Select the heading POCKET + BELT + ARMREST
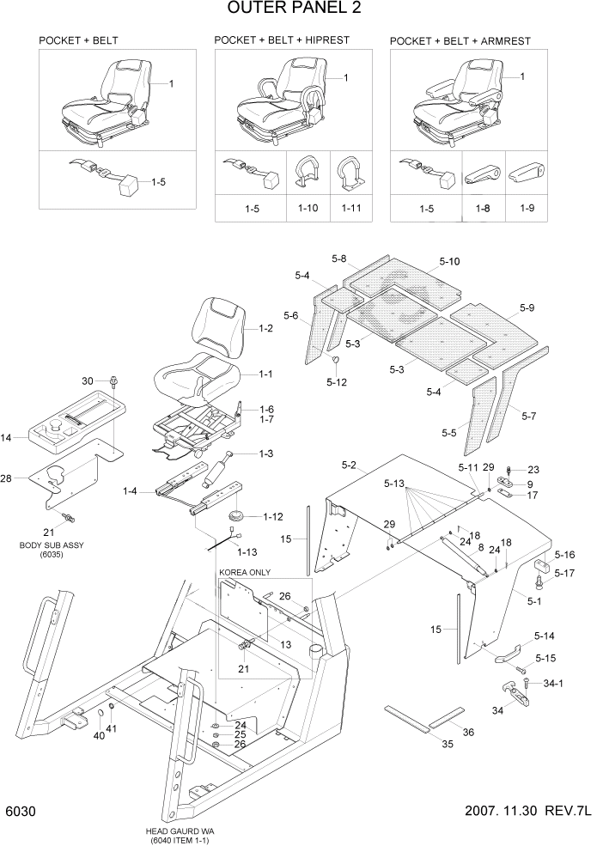(x=460, y=40)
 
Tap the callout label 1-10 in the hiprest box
(x=308, y=208)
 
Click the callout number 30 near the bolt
(x=88, y=380)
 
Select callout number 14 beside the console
(x=7, y=438)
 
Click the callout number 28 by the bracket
(x=8, y=478)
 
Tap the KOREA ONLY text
(x=244, y=572)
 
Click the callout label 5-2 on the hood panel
(x=348, y=465)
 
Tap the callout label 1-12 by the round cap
(x=273, y=516)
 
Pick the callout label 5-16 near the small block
(x=565, y=555)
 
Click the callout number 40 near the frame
(x=99, y=735)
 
